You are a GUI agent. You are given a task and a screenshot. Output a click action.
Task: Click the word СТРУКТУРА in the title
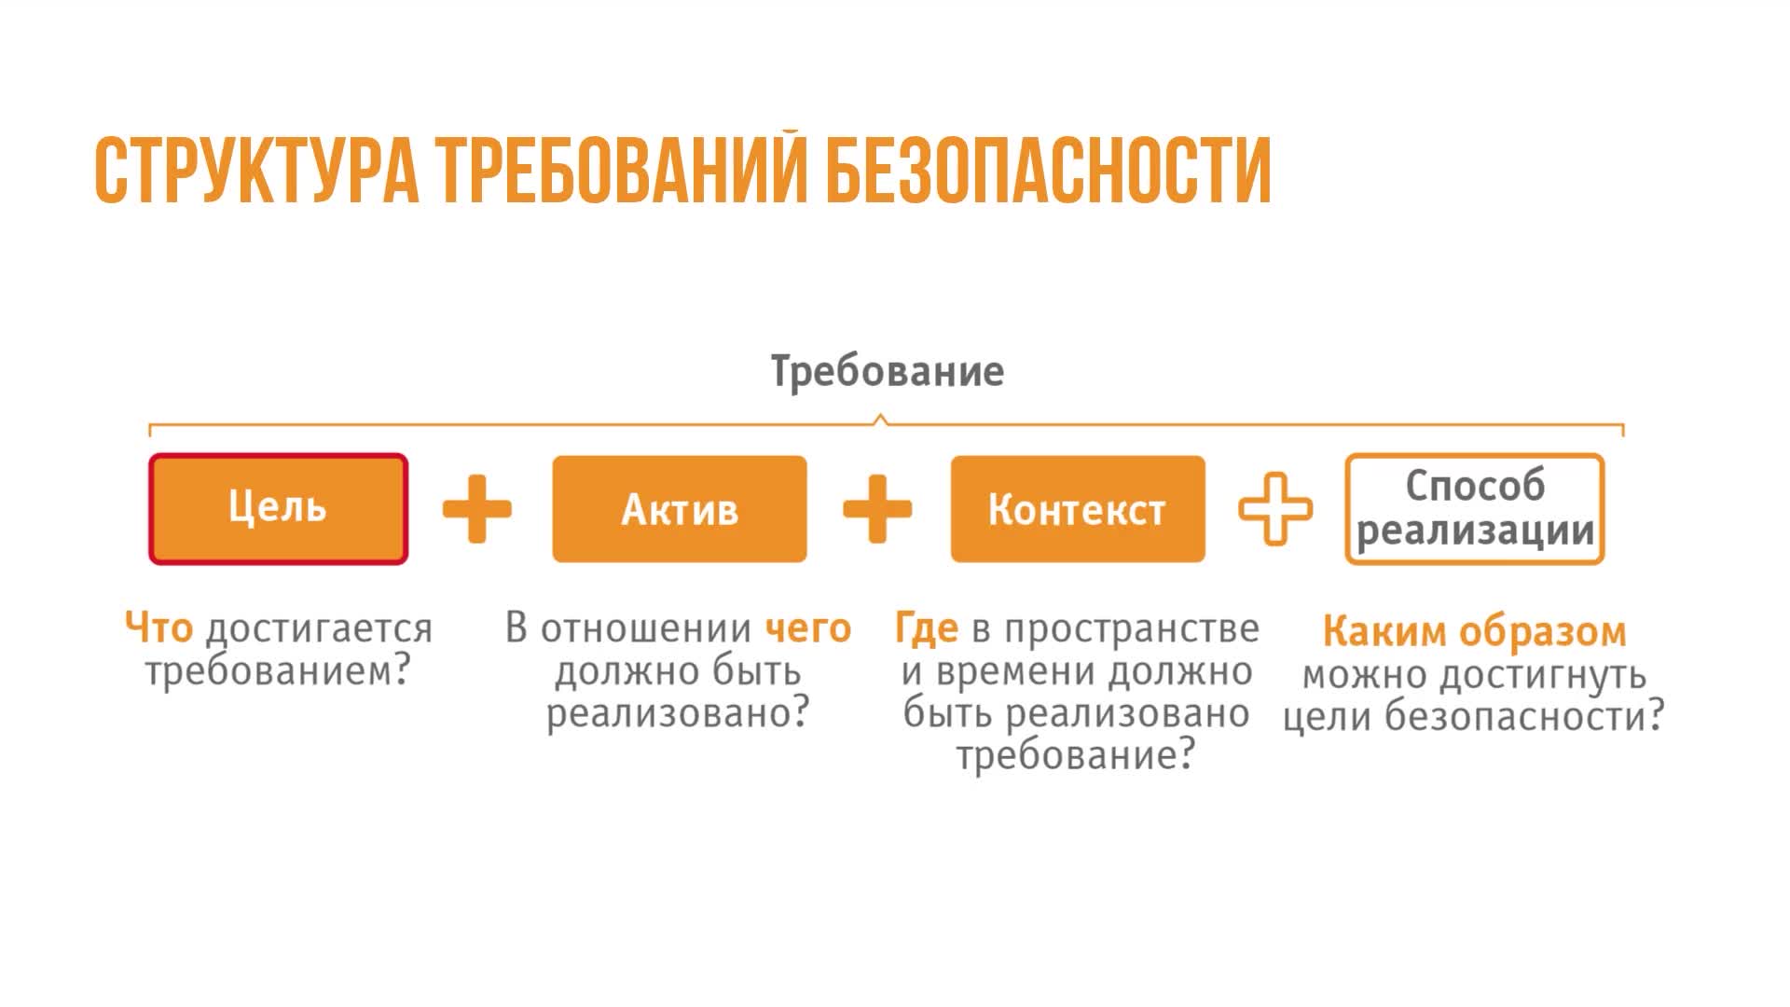[x=256, y=171]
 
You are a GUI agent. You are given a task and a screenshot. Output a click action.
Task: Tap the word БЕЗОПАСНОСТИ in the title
[x=1049, y=171]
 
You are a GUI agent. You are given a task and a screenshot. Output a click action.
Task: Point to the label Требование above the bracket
[x=888, y=371]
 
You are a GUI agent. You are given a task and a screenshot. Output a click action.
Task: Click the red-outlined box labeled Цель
[x=278, y=509]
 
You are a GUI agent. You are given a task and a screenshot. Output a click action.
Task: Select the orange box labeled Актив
[x=680, y=509]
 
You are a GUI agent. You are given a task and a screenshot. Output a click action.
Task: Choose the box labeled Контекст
[x=1078, y=509]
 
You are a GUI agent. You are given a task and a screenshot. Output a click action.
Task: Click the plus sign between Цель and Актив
[x=477, y=509]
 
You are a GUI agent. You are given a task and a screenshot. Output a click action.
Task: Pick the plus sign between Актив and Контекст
[x=877, y=509]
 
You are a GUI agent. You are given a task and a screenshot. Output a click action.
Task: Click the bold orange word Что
[x=159, y=628]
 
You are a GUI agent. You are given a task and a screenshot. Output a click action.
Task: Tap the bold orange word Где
[x=927, y=628]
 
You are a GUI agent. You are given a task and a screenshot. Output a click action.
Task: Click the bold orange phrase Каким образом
[x=1474, y=632]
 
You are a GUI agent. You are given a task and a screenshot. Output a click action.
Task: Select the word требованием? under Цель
[x=278, y=671]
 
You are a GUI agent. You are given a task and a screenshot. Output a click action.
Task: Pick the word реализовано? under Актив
[x=678, y=714]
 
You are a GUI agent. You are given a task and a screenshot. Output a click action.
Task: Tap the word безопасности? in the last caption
[x=1524, y=717]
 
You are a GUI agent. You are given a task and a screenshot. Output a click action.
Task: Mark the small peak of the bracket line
[x=880, y=419]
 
